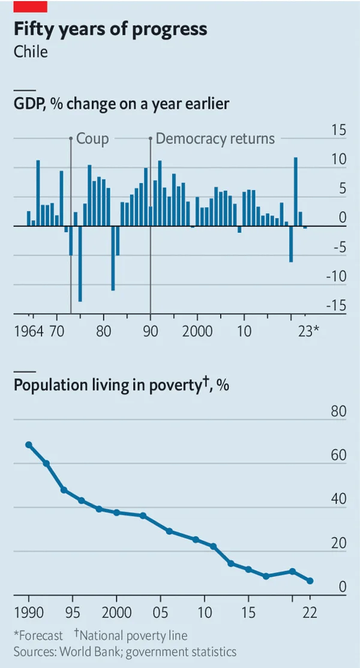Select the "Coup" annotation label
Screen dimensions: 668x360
(92, 139)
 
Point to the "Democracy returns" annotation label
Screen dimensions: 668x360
(215, 139)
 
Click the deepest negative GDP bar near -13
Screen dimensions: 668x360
(80, 263)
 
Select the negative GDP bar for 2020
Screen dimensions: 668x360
(291, 244)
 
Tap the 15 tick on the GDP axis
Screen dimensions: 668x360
(338, 130)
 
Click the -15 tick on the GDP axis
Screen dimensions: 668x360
(336, 306)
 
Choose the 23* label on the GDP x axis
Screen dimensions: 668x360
(308, 331)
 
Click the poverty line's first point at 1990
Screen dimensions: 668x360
(29, 445)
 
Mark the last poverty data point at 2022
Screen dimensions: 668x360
(310, 581)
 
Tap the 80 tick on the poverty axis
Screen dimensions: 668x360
(339, 412)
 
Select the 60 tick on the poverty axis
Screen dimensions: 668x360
(339, 456)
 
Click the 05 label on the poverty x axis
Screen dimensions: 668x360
(160, 615)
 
